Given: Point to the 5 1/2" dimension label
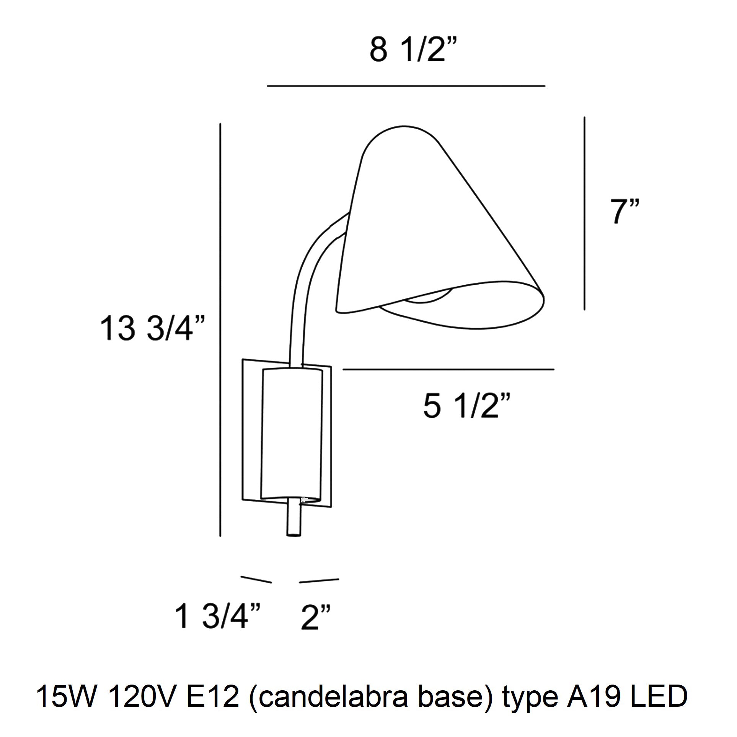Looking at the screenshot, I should tap(466, 407).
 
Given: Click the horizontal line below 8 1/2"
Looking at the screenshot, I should tap(406, 86).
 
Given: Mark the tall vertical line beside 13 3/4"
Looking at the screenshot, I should tap(220, 329).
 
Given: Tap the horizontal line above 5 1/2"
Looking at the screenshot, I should tap(448, 369).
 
